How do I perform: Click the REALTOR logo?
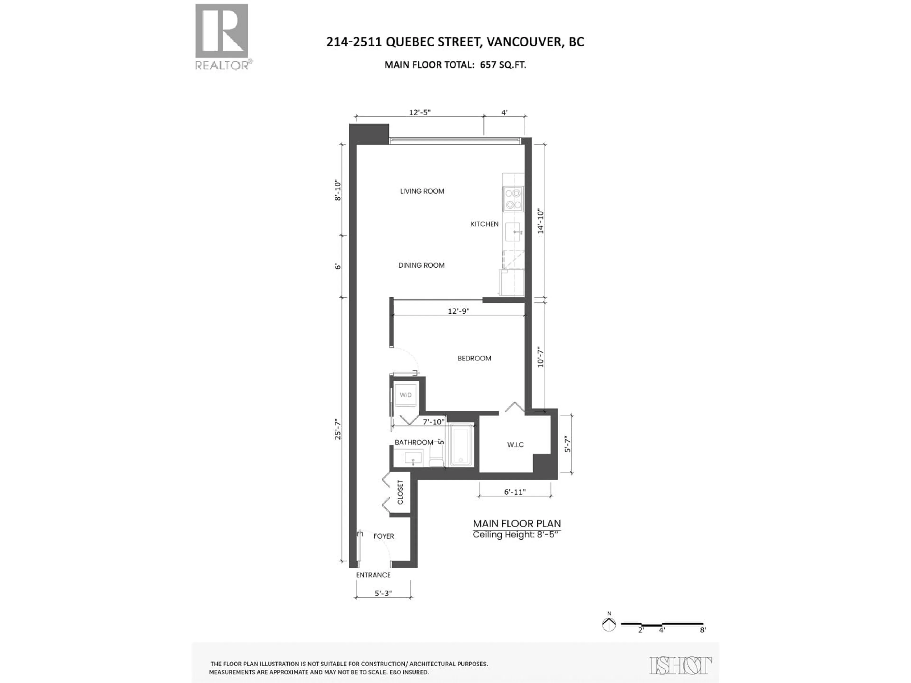[222, 36]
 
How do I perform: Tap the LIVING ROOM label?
[422, 191]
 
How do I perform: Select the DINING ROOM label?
[421, 265]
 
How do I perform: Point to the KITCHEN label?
[484, 224]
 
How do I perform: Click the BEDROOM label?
[474, 358]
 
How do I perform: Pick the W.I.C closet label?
[515, 445]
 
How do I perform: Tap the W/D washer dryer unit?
[406, 395]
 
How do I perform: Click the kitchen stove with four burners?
[513, 199]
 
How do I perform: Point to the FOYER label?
[383, 536]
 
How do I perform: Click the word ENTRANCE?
[373, 575]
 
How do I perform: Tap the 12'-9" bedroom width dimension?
[458, 311]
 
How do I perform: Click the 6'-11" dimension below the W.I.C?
[515, 492]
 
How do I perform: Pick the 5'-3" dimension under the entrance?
[383, 593]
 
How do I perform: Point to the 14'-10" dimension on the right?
[540, 222]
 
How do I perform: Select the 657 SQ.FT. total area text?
[503, 65]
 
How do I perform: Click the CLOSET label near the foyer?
[400, 492]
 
